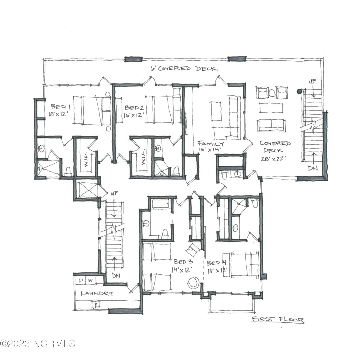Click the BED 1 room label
[61, 107]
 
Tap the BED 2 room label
[134, 108]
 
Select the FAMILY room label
[211, 144]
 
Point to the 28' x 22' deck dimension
[273, 159]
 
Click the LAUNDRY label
[97, 293]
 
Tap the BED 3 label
[183, 262]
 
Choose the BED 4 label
[217, 263]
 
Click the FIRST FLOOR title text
[278, 319]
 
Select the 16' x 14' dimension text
[210, 150]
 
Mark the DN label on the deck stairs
[313, 168]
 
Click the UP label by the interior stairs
[114, 193]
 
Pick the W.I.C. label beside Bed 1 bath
[87, 160]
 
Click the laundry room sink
[95, 305]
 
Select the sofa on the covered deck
[271, 125]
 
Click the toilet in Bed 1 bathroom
[68, 171]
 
